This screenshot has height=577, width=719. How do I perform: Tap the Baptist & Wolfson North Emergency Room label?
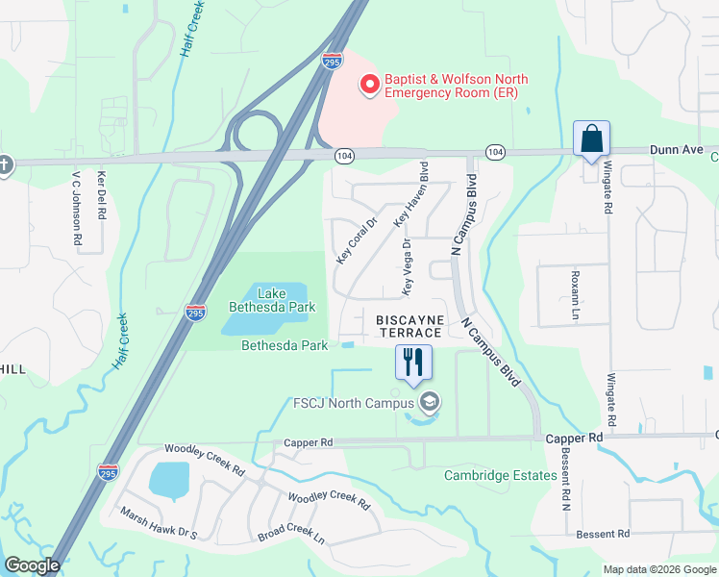pos(456,86)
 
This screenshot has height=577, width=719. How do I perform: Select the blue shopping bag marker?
pos(590,138)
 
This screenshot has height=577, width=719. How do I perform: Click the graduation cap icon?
pos(430,402)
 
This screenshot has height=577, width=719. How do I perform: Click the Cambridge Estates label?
pos(500,475)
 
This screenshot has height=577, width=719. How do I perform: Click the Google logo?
pos(32,565)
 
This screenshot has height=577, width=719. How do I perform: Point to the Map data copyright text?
pos(658,569)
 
